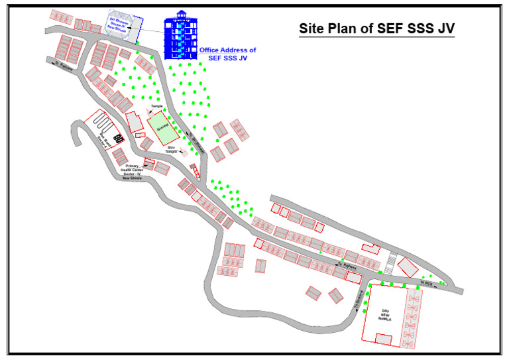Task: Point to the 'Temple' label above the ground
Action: [x=156, y=106]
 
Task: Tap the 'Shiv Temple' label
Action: [x=171, y=149]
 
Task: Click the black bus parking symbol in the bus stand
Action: [x=119, y=138]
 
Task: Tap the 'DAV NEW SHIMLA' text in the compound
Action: [x=385, y=313]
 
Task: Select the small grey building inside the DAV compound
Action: [x=383, y=339]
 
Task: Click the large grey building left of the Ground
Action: [x=135, y=123]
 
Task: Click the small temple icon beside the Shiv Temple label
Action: [x=183, y=152]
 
